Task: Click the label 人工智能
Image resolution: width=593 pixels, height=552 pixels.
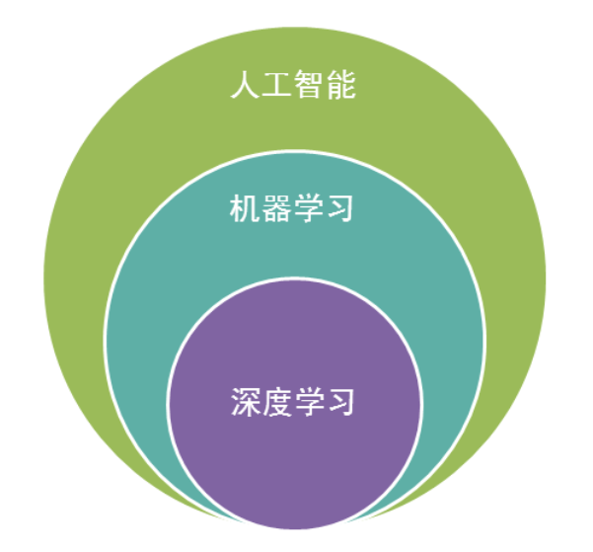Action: point(292,86)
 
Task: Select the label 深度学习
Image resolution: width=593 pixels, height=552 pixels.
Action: point(292,403)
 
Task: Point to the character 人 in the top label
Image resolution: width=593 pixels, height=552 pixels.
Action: point(245,86)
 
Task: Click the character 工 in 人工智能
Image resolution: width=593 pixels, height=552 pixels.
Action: point(276,86)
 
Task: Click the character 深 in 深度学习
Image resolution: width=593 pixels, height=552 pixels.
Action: point(245,403)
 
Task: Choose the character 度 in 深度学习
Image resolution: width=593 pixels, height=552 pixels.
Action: point(276,403)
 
